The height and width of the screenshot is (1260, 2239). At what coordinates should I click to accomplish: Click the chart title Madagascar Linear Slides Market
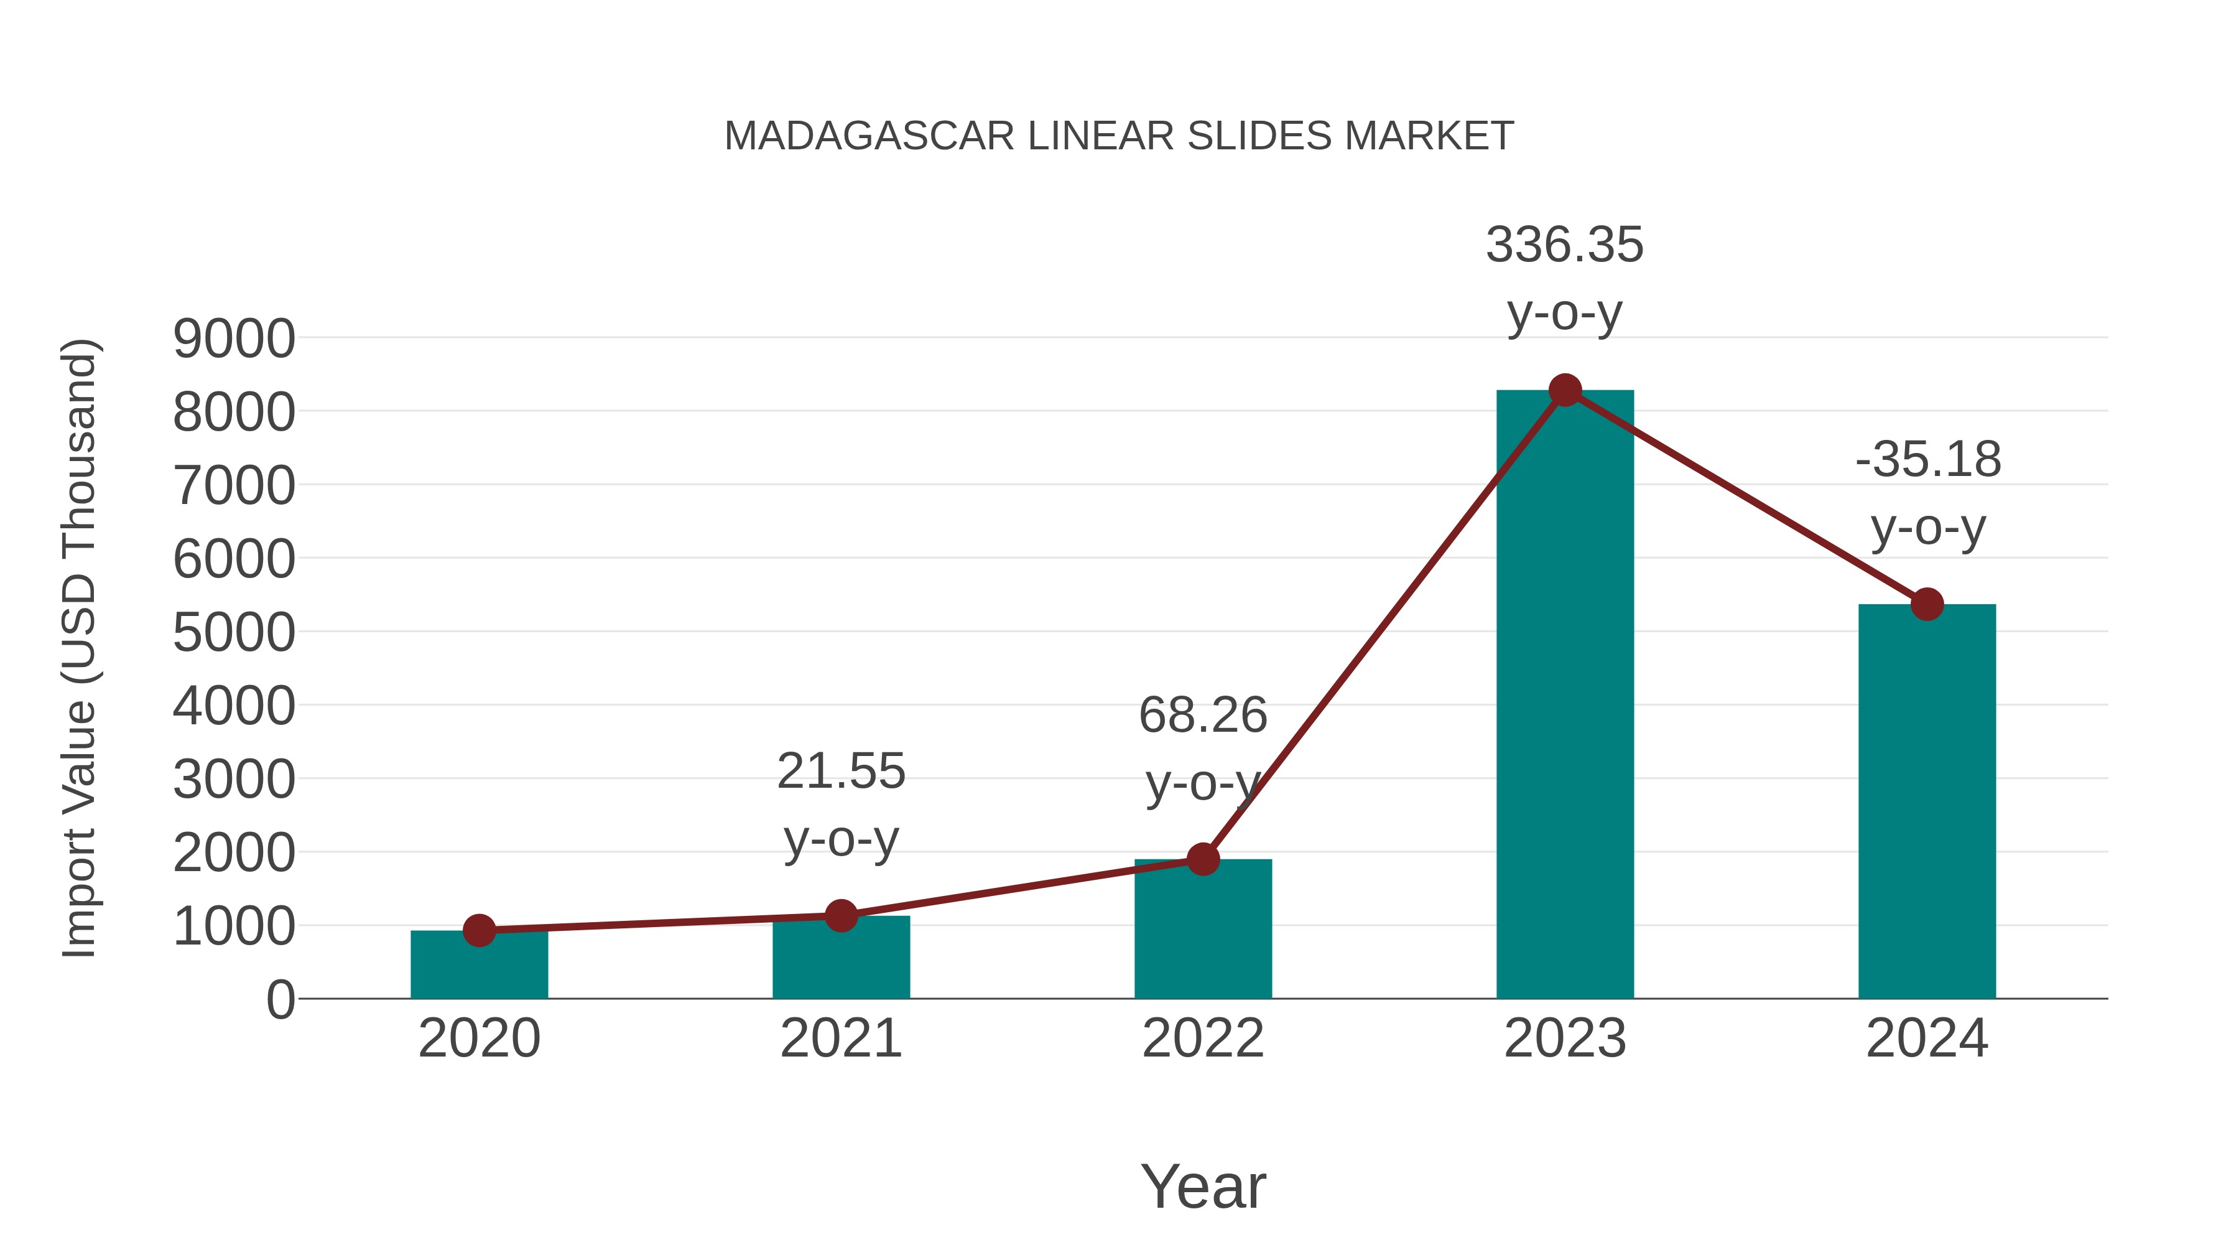[1119, 136]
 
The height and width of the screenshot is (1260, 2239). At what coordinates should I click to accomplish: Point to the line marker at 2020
[479, 930]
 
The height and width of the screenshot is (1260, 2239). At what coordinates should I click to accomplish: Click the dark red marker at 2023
[1565, 390]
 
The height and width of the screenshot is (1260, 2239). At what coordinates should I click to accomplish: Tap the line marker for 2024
[1927, 604]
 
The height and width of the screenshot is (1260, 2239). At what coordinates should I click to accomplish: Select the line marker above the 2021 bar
[840, 915]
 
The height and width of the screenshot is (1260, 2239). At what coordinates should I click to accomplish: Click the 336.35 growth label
[1565, 245]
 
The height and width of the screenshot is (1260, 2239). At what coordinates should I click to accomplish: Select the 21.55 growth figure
[840, 772]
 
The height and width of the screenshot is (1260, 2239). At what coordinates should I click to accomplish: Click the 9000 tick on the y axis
[234, 338]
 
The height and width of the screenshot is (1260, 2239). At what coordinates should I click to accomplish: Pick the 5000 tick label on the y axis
[234, 632]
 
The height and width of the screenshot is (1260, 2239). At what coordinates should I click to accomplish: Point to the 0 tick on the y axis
[280, 999]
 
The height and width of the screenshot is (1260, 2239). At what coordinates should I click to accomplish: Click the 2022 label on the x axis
[1203, 1038]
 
